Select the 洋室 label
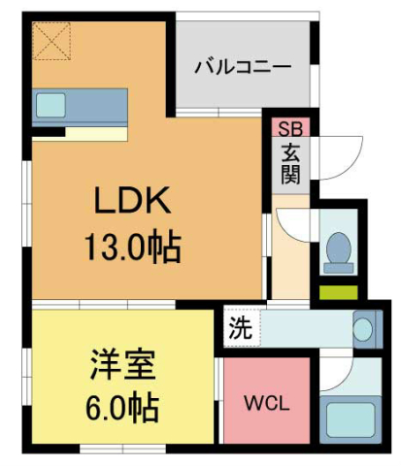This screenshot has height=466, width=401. [x=121, y=367]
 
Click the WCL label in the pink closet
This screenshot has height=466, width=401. [x=264, y=403]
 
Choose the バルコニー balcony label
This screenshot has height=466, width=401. [x=243, y=68]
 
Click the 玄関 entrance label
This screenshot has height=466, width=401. [x=290, y=165]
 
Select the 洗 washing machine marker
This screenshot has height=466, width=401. [x=239, y=328]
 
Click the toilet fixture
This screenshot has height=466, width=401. [x=338, y=250]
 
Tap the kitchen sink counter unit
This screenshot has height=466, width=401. [x=81, y=106]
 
